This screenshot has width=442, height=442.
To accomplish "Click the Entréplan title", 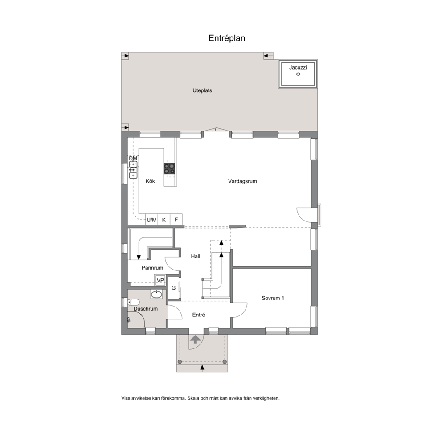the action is pos(227,38).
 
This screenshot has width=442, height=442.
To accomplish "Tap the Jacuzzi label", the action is pos(298,67).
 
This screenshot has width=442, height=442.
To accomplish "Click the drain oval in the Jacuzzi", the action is pos(298,74).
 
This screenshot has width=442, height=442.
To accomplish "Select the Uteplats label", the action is pos(202,90).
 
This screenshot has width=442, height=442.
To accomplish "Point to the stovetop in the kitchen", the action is pos(169,168).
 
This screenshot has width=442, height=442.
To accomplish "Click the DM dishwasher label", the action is pos(133,159).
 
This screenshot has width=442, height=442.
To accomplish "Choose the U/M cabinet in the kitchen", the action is pos(151,219).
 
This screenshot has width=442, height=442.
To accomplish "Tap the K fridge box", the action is pos(164,219).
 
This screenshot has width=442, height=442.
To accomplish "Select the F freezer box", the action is pos(176,219).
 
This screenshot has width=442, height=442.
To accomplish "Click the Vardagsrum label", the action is pos(242,181).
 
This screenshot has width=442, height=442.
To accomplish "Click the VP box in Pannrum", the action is pos(160,280).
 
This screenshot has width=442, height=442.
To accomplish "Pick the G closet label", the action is pos(174,288).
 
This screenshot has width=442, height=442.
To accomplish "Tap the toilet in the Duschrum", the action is pos(134,303).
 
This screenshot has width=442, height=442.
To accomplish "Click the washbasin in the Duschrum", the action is pos(156,294).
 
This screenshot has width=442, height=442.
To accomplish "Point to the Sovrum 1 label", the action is pos(273,298).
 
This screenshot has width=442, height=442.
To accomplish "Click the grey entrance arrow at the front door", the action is pos(195,339).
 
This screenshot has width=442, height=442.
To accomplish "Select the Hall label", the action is pos(195,256).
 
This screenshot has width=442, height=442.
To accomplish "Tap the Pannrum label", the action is pos(152,268).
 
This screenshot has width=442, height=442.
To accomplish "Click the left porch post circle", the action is pos(180,362).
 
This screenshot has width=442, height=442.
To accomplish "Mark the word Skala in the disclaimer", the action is pos(193,398).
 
